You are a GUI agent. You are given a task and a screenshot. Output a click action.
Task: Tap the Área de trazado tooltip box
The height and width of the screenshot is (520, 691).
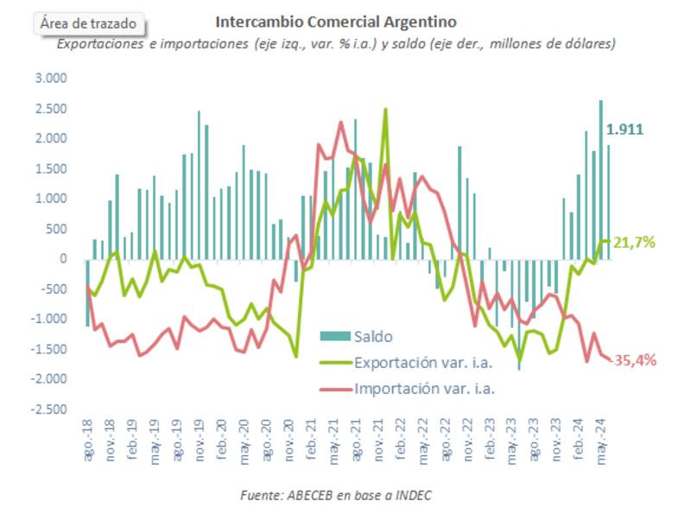(x=88, y=24)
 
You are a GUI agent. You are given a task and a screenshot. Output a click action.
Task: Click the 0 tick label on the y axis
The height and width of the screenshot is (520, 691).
(x=62, y=259)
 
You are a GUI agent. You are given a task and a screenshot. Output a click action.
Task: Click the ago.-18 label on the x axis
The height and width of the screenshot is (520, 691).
(x=88, y=443)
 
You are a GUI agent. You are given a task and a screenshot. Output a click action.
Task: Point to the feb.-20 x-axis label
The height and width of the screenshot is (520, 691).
(x=221, y=443)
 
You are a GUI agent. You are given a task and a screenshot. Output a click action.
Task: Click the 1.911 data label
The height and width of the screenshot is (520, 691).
(x=624, y=130)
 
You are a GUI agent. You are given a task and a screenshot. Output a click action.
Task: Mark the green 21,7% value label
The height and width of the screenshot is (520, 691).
(x=635, y=244)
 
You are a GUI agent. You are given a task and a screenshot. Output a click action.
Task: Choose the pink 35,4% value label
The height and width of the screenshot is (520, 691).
(x=635, y=360)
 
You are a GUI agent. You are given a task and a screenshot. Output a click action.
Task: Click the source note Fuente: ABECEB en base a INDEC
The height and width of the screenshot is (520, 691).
(x=335, y=496)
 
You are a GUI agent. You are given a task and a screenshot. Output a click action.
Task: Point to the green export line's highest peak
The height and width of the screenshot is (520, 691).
(x=385, y=110)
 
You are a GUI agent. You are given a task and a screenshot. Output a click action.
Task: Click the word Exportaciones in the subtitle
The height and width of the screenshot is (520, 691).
(x=98, y=43)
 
